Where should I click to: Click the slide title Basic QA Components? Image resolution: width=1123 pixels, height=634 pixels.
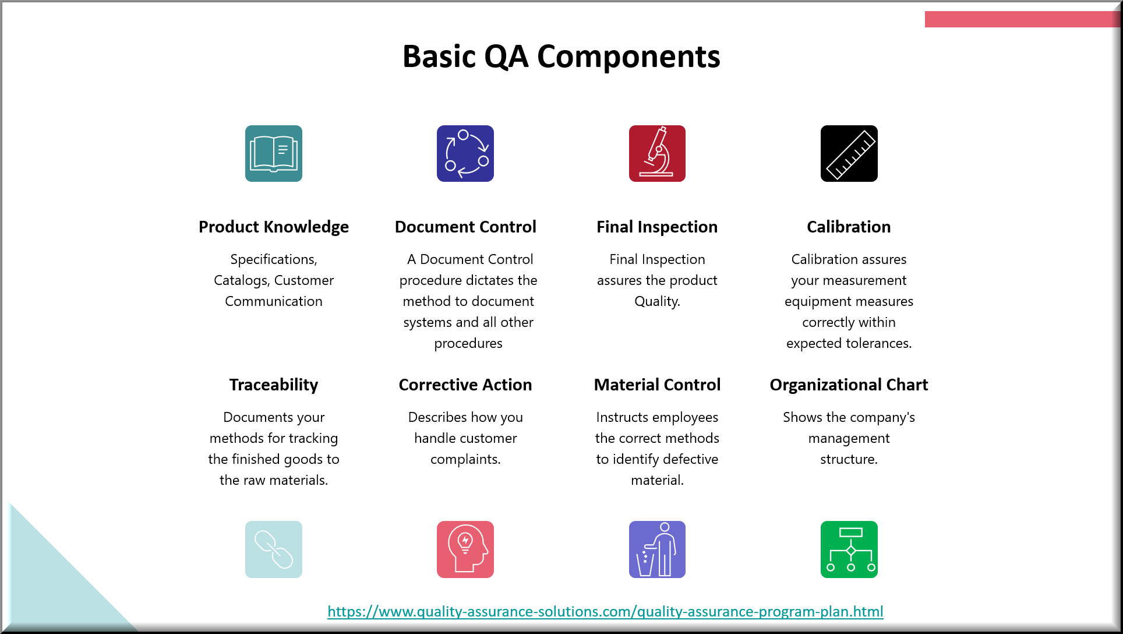point(561,57)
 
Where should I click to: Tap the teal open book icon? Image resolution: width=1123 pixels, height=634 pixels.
point(274,153)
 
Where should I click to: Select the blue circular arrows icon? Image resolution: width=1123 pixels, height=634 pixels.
point(465,153)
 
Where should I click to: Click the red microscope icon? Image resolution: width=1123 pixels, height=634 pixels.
point(657,153)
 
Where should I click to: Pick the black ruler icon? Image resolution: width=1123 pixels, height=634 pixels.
point(849,153)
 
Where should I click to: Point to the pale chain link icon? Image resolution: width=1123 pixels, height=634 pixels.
point(274,550)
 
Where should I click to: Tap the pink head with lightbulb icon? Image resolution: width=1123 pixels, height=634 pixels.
point(465,550)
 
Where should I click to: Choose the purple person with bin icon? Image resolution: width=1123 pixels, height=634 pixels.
point(657,550)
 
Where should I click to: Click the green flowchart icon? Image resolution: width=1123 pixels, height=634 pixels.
point(849,550)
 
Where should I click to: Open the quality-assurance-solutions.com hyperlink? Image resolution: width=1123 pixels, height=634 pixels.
point(605,611)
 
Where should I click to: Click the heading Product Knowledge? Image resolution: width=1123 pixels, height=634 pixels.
point(274,227)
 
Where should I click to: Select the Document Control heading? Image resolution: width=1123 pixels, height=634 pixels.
point(465,227)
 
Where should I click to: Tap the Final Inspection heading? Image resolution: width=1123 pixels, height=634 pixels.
point(657,227)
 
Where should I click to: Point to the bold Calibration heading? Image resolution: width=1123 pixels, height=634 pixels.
point(849,227)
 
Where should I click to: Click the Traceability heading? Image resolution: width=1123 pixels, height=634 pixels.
point(274,385)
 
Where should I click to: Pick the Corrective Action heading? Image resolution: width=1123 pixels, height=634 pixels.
point(465,385)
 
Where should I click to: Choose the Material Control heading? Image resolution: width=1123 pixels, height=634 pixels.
point(657,385)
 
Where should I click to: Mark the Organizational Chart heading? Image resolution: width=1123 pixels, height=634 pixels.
point(849,385)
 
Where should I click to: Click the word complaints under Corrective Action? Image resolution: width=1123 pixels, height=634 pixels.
point(465,460)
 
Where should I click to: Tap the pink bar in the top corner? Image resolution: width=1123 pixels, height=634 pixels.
point(1022,19)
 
